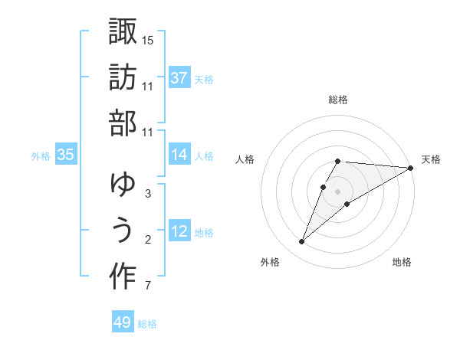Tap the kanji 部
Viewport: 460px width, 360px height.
coord(123,124)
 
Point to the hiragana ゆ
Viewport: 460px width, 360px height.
coord(123,185)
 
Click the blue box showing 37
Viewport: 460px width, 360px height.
coord(179,77)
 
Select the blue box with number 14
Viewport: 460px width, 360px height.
coord(179,155)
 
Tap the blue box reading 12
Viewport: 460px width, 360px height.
coord(179,231)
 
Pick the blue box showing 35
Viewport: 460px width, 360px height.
coord(66,155)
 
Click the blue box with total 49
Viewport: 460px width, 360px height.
coord(123,322)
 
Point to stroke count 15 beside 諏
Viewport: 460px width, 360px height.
coord(148,39)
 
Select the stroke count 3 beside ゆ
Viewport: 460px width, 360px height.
coord(147,194)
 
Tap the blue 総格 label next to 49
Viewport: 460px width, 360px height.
coord(147,324)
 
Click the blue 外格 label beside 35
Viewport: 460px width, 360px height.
coord(41,156)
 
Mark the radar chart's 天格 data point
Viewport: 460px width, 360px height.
coord(411,168)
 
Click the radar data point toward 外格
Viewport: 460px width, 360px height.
coord(301,242)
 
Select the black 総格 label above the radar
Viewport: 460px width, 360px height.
coord(338,100)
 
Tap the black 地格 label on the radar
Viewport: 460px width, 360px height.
coord(402,263)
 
